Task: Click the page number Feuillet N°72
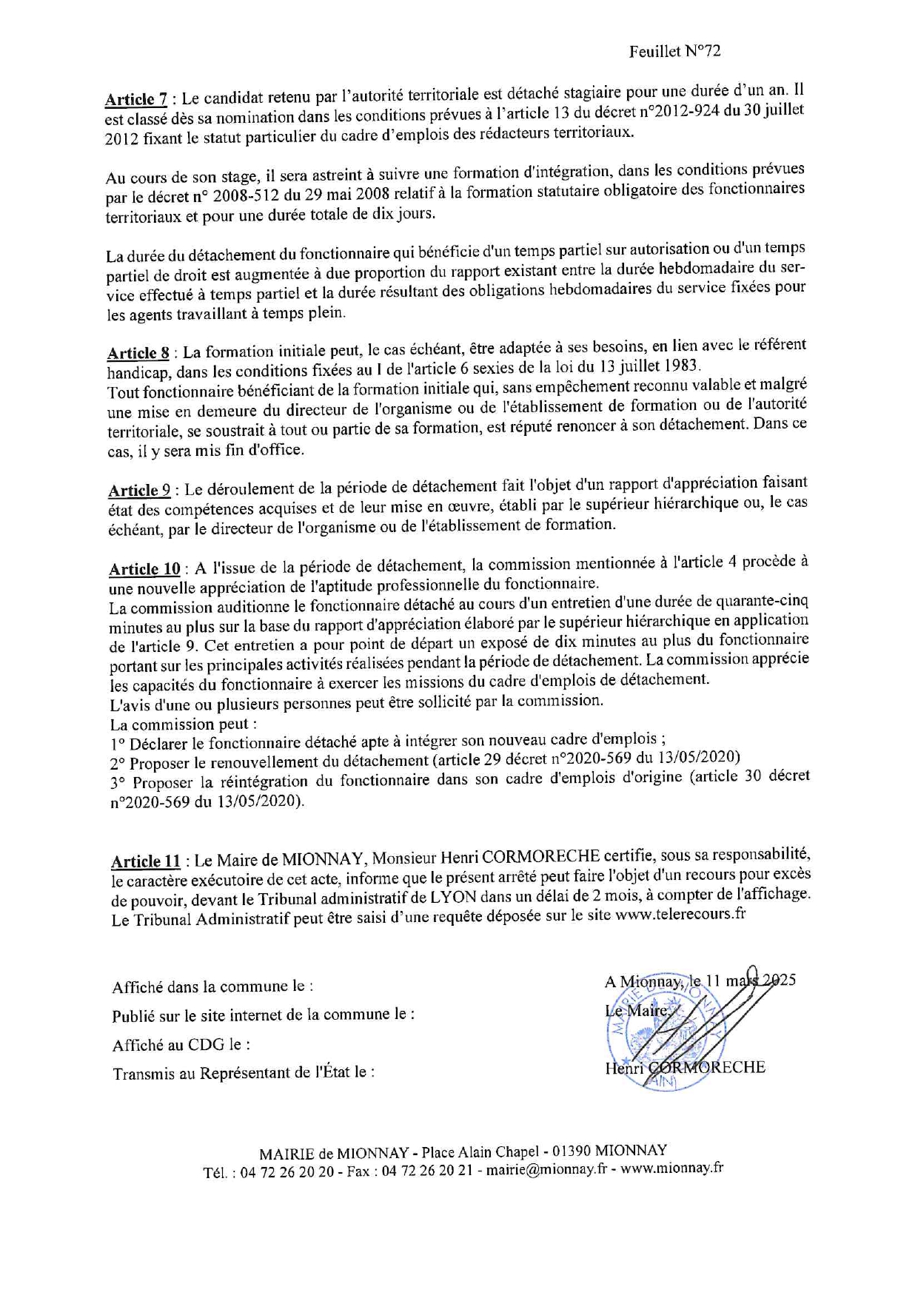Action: pos(674,51)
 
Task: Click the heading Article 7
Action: pos(135,99)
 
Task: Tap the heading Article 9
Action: pos(139,490)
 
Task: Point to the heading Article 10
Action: pos(144,568)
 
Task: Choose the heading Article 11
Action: pos(146,861)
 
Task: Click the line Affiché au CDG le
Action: pos(181,1045)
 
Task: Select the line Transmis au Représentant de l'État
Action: pos(243,1072)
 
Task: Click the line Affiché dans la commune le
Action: pos(212,986)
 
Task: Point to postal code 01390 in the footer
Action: pos(569,1151)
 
